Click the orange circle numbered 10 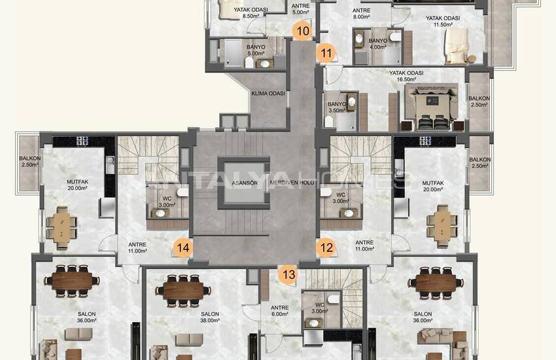pyautogui.click(x=302, y=30)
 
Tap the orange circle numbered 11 pyautogui.click(x=326, y=52)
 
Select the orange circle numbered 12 pyautogui.click(x=326, y=247)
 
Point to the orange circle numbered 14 pyautogui.click(x=182, y=247)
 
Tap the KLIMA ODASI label pyautogui.click(x=268, y=94)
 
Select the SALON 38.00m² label pyautogui.click(x=210, y=317)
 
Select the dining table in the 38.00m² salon pyautogui.click(x=184, y=288)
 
